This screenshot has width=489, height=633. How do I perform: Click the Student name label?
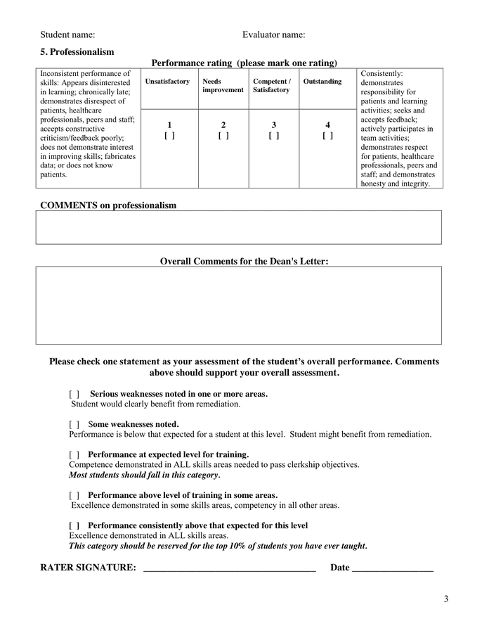pos(67,34)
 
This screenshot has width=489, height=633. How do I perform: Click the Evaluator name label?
pos(273,34)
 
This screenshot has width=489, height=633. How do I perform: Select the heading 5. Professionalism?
pos(77,52)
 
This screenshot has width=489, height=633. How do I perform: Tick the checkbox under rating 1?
pos(169,136)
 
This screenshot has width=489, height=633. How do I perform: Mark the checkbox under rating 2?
pos(223,136)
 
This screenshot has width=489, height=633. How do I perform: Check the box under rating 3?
pos(274,136)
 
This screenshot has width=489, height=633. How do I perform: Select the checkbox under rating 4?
pos(327,136)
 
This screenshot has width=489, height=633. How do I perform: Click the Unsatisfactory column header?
pos(167,82)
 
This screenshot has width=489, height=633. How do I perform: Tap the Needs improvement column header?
pos(223,86)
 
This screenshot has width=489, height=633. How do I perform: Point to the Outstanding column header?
pos(322,82)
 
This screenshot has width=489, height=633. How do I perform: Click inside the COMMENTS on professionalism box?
pos(239,227)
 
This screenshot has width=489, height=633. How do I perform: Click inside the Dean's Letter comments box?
pos(239,305)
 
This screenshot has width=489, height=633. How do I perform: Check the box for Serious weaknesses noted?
pos(74,395)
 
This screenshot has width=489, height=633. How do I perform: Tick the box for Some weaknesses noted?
pos(74,425)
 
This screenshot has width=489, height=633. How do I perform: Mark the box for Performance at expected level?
pos(74,455)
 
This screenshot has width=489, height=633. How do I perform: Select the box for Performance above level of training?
pos(74,496)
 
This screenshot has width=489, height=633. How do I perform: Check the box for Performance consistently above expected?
pos(74,526)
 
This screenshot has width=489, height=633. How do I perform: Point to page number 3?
pos(445,599)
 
